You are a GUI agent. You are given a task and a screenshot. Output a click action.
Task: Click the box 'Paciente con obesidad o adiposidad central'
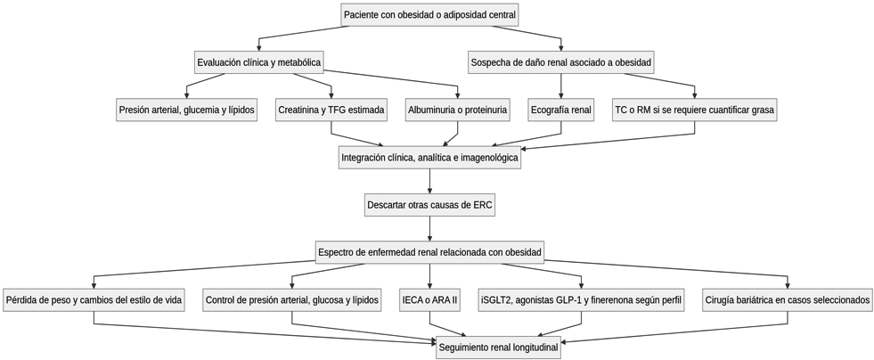pyautogui.click(x=429, y=15)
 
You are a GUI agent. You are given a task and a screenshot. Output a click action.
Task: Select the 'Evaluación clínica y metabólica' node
pyautogui.click(x=259, y=62)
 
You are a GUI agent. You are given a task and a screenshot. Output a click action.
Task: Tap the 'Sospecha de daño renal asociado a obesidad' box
pyautogui.click(x=560, y=62)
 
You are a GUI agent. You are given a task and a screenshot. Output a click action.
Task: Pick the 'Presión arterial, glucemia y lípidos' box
pyautogui.click(x=187, y=110)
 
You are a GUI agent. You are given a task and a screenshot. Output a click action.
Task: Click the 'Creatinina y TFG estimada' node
pyautogui.click(x=331, y=110)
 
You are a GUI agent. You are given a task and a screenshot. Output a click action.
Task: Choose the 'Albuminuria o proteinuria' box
pyautogui.click(x=458, y=110)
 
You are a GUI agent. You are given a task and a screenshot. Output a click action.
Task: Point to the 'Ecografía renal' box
pyautogui.click(x=560, y=110)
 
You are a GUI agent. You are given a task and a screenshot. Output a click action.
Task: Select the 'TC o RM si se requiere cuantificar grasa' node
pyautogui.click(x=695, y=110)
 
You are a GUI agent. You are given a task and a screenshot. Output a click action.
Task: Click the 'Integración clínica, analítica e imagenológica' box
pyautogui.click(x=429, y=158)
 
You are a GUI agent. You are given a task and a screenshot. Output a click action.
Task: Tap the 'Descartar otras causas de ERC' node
pyautogui.click(x=429, y=205)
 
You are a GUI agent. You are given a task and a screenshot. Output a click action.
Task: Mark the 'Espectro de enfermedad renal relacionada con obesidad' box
pyautogui.click(x=429, y=252)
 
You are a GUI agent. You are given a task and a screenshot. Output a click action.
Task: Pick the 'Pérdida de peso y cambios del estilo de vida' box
pyautogui.click(x=94, y=299)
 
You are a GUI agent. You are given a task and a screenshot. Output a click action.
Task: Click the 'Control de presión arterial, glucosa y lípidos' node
pyautogui.click(x=292, y=299)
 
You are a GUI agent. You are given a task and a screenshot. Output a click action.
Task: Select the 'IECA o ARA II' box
pyautogui.click(x=429, y=299)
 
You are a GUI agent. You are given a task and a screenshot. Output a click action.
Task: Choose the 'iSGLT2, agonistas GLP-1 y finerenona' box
pyautogui.click(x=582, y=299)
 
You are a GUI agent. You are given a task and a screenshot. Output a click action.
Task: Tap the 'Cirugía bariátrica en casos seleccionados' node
pyautogui.click(x=788, y=299)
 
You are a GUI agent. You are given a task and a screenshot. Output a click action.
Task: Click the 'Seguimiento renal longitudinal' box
pyautogui.click(x=498, y=348)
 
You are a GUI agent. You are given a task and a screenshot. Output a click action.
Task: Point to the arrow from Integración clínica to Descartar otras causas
pyautogui.click(x=429, y=181)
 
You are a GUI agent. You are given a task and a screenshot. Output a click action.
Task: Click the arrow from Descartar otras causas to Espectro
pyautogui.click(x=429, y=228)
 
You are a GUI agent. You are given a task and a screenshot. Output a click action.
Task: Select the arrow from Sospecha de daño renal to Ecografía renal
pyautogui.click(x=560, y=86)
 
